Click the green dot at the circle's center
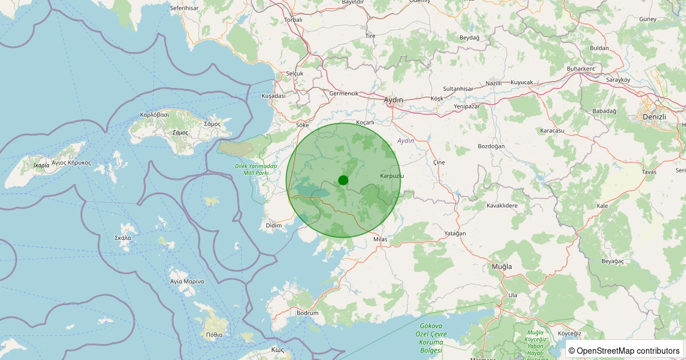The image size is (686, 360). tap(343, 180)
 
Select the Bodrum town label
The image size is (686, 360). tap(308, 313)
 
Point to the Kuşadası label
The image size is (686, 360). tap(273, 96)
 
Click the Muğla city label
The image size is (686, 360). tap(502, 267)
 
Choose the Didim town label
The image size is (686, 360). tap(274, 226)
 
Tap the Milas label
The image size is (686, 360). tap(380, 239)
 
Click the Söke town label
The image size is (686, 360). tap(302, 125)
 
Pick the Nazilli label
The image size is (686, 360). tap(493, 83)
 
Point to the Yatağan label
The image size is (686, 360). tap(455, 234)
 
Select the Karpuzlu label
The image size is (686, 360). tap(392, 175)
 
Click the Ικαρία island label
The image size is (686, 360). tap(42, 166)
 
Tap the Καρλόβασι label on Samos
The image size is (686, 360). tap(154, 114)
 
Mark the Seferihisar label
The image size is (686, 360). tap(184, 9)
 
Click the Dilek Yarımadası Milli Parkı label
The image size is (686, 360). tap(256, 169)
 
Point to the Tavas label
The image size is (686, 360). tap(649, 172)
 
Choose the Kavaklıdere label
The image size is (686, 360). tap(501, 205)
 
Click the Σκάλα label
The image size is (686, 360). tap(123, 238)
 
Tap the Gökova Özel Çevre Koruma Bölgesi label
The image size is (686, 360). tap(432, 337)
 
